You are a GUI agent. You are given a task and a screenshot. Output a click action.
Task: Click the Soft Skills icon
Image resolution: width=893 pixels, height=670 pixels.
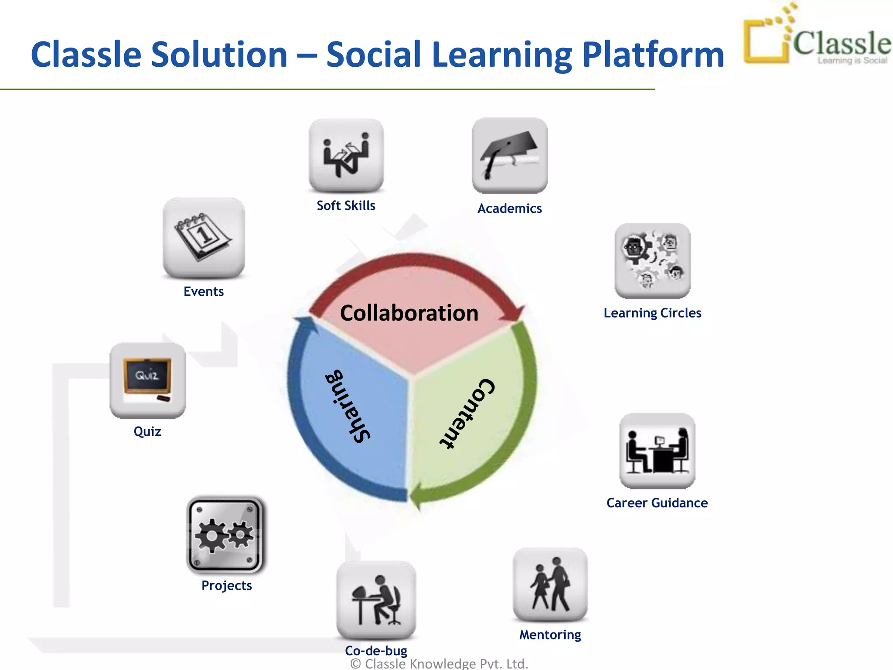pos(346,155)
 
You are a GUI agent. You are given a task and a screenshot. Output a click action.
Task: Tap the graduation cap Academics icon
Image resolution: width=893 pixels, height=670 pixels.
pos(509,155)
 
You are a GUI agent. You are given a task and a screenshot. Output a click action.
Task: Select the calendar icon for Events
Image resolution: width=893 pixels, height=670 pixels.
pos(204,238)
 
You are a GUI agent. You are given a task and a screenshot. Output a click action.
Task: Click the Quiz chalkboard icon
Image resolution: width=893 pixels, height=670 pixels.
pos(147,380)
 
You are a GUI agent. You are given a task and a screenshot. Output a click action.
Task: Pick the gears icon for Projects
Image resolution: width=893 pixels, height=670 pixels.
pos(225,535)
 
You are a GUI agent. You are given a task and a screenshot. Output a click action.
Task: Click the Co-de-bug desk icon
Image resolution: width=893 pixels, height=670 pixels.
pos(376,600)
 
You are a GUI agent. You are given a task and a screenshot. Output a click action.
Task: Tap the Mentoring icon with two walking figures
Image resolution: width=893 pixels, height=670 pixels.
pos(550,585)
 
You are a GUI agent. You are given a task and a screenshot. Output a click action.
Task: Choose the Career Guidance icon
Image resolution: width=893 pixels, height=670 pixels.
pos(657,451)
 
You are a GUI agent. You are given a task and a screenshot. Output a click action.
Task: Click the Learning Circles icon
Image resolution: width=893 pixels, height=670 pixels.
pos(652,261)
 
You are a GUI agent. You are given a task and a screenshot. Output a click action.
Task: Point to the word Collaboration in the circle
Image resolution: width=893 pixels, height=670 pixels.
pos(409,313)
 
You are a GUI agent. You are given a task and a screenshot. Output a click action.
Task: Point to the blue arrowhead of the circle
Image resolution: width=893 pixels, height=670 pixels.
pos(305,325)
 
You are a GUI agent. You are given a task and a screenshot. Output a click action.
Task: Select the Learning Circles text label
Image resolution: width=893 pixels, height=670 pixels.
pos(652,313)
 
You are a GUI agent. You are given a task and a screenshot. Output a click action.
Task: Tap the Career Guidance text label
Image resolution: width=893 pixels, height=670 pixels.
pos(657,503)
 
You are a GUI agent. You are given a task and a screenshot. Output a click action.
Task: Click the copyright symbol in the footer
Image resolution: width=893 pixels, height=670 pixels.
pos(356,664)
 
